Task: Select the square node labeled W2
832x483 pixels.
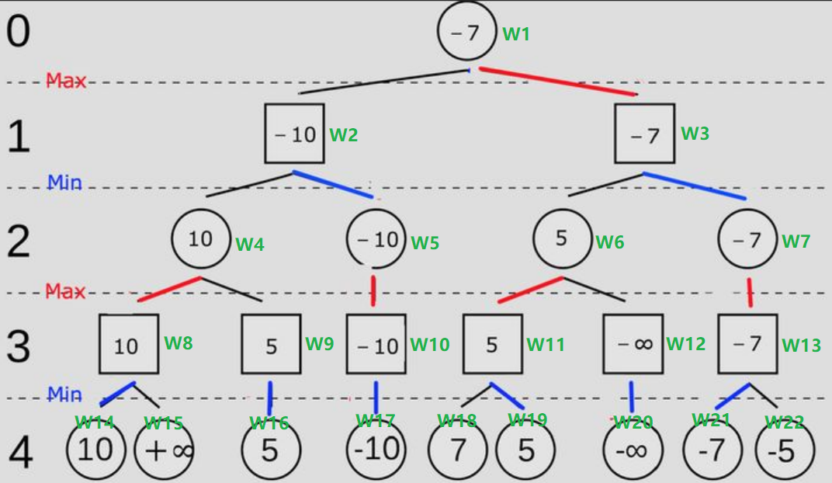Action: click(295, 134)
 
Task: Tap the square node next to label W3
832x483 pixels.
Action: click(644, 134)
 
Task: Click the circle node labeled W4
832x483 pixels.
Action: click(200, 238)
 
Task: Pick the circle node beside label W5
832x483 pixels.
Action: click(376, 239)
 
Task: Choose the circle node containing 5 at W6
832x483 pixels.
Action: click(562, 238)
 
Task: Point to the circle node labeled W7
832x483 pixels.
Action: click(747, 240)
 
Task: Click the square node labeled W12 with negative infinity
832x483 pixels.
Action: click(633, 343)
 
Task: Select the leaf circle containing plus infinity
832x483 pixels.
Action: click(165, 450)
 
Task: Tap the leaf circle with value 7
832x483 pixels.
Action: click(458, 450)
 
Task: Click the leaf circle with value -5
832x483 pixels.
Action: click(785, 450)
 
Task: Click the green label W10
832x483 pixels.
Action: click(429, 344)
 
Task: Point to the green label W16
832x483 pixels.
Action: click(269, 423)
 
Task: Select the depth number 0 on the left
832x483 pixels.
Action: click(18, 32)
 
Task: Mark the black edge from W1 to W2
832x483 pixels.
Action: click(384, 82)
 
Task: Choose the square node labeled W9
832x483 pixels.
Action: click(271, 343)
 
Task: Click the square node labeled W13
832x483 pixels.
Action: click(747, 343)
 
